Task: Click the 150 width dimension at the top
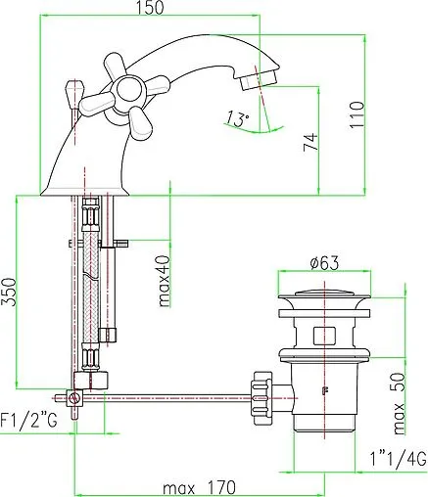coord(150,8)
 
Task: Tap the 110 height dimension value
coord(357,115)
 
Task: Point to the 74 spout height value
coord(310,142)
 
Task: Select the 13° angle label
coord(238,118)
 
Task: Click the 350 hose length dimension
coord(9,292)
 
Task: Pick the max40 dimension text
coord(165,281)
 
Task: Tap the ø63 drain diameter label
coord(324,263)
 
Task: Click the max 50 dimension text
coord(400,403)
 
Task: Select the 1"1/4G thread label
coord(399,458)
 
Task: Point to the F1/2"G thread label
coord(28,421)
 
